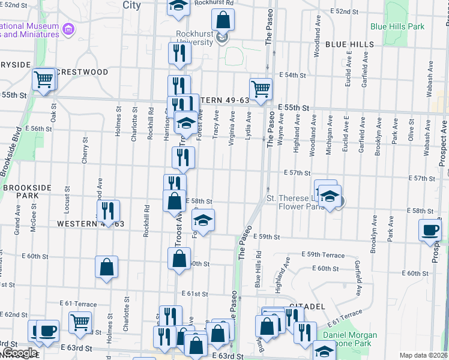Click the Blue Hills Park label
point(397,26)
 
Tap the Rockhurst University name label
point(194,38)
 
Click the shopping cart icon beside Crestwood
point(44,79)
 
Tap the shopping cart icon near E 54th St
point(261,89)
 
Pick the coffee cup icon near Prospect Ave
point(430,230)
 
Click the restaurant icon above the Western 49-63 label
point(108,211)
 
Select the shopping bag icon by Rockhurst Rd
point(223,20)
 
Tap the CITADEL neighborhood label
point(307,306)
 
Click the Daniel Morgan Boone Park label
point(351,340)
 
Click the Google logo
point(19,353)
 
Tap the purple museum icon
point(69,29)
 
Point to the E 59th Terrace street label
point(323,255)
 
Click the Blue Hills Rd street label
point(258,276)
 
